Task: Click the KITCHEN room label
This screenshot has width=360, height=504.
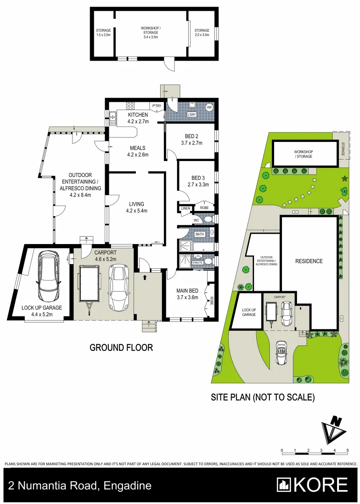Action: [x=138, y=115]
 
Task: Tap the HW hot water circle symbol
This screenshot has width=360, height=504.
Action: [x=209, y=108]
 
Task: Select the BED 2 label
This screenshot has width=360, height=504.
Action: [x=191, y=136]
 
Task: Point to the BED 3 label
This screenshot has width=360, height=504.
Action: [x=198, y=178]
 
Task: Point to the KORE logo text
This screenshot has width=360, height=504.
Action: [x=321, y=485]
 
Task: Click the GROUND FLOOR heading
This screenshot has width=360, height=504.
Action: [x=121, y=348]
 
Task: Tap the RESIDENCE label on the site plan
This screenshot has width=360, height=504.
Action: [x=309, y=261]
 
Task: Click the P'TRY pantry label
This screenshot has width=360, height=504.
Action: [x=156, y=106]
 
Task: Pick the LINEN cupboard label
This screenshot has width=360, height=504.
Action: [x=185, y=208]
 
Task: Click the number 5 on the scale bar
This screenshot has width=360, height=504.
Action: [x=347, y=450]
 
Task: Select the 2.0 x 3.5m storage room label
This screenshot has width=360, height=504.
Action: [x=202, y=33]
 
